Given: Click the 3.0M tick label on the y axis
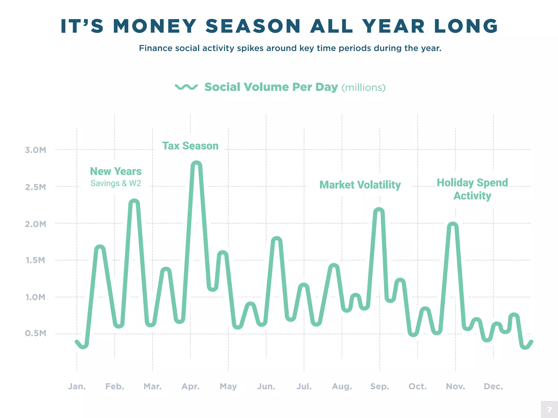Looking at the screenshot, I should click(35, 150).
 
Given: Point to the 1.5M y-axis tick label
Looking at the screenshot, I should click(35, 260).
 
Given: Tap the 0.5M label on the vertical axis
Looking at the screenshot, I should click(35, 333).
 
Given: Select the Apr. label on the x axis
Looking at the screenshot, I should click(190, 386).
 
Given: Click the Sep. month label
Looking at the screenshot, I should click(380, 386).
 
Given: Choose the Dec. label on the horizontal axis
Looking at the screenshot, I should click(493, 386).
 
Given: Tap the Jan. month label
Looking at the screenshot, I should click(77, 386).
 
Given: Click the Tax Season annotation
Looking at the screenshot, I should click(190, 146).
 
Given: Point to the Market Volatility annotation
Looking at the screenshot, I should click(360, 185).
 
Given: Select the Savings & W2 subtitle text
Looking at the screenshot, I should click(116, 183).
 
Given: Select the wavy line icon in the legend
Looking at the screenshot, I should click(186, 87).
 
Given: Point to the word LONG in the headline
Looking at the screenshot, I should click(466, 26).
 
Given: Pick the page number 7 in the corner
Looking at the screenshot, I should click(549, 410).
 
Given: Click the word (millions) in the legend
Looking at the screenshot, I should click(363, 88).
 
